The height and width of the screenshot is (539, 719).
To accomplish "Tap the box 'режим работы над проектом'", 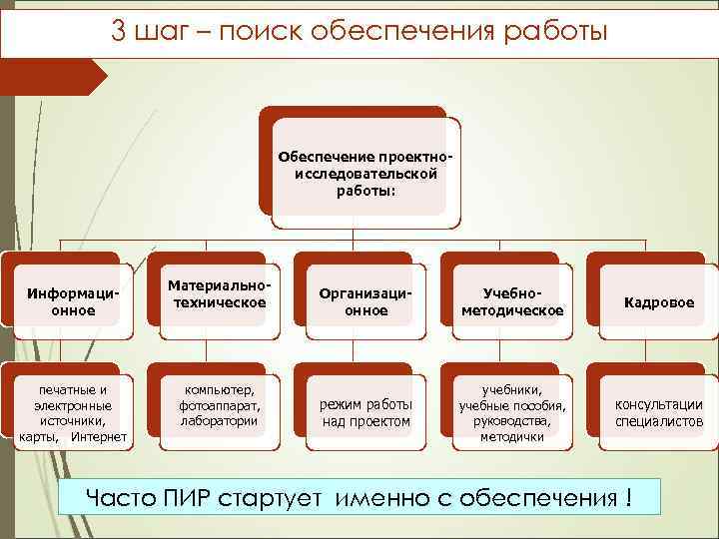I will tap(365, 413).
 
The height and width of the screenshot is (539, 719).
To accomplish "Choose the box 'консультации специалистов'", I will tap(658, 413).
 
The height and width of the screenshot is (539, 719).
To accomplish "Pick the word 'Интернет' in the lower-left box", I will tap(99, 437).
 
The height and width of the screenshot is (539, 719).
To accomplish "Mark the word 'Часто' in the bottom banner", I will tap(119, 496).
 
